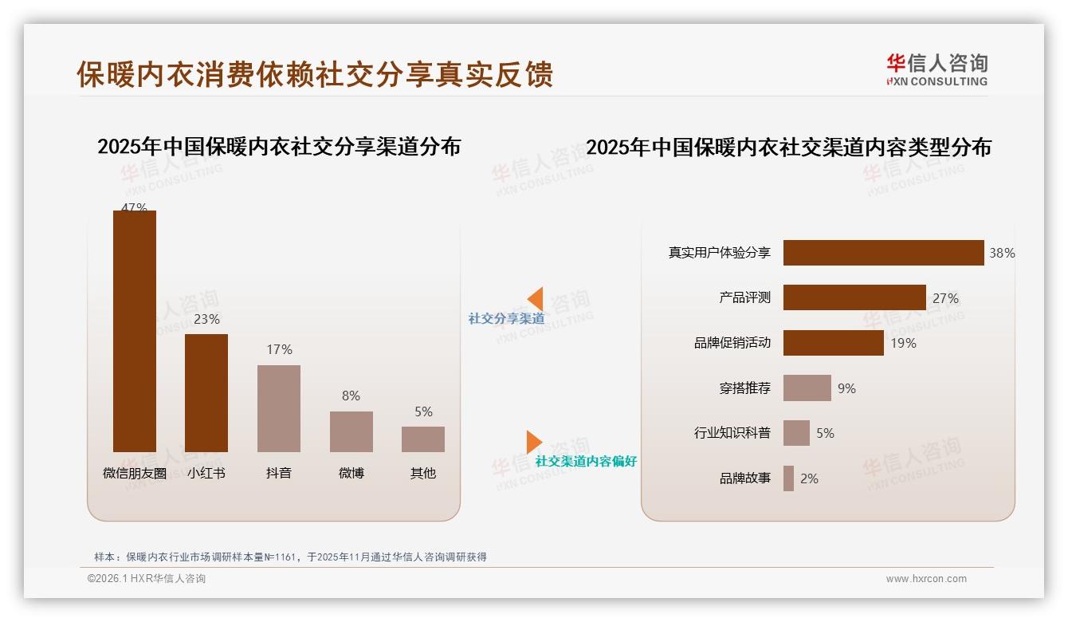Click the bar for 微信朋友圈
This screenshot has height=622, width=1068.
click(x=135, y=331)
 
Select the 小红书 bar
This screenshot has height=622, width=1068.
click(x=206, y=392)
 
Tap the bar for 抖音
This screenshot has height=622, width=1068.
click(x=279, y=408)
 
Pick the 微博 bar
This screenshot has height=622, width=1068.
click(x=351, y=431)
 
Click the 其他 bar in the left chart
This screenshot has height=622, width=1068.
click(x=423, y=439)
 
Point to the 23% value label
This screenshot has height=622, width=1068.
click(x=206, y=319)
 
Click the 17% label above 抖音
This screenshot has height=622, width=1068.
click(x=279, y=349)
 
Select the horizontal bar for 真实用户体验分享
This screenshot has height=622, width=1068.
click(x=883, y=253)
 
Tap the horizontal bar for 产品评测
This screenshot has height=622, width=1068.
click(x=854, y=297)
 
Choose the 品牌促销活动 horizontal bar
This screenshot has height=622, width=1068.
click(x=833, y=343)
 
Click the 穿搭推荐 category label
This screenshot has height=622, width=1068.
click(x=744, y=388)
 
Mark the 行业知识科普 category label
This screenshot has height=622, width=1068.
click(x=732, y=433)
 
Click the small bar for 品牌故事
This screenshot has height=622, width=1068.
click(x=788, y=478)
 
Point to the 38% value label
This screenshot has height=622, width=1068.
click(x=1002, y=253)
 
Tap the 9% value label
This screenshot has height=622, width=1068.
click(x=846, y=388)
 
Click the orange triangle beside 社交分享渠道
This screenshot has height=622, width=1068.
click(x=536, y=299)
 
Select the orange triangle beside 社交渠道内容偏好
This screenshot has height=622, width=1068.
click(x=534, y=442)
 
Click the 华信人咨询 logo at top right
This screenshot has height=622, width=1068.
click(x=936, y=69)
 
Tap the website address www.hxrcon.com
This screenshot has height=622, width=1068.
click(x=926, y=579)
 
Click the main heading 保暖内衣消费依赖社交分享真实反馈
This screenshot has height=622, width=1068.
click(x=315, y=74)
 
